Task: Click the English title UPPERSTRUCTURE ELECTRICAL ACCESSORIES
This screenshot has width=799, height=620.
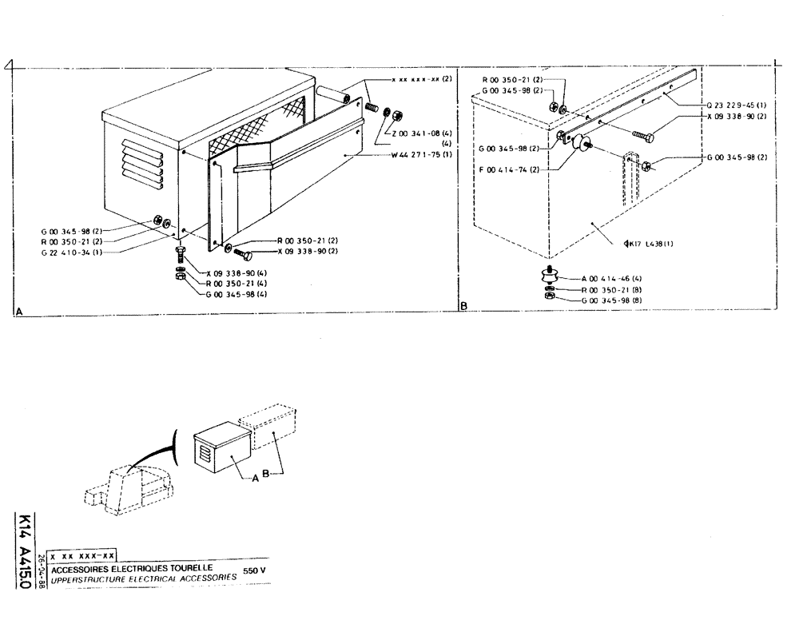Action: click(144, 578)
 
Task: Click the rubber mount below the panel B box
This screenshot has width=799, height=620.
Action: click(549, 277)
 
